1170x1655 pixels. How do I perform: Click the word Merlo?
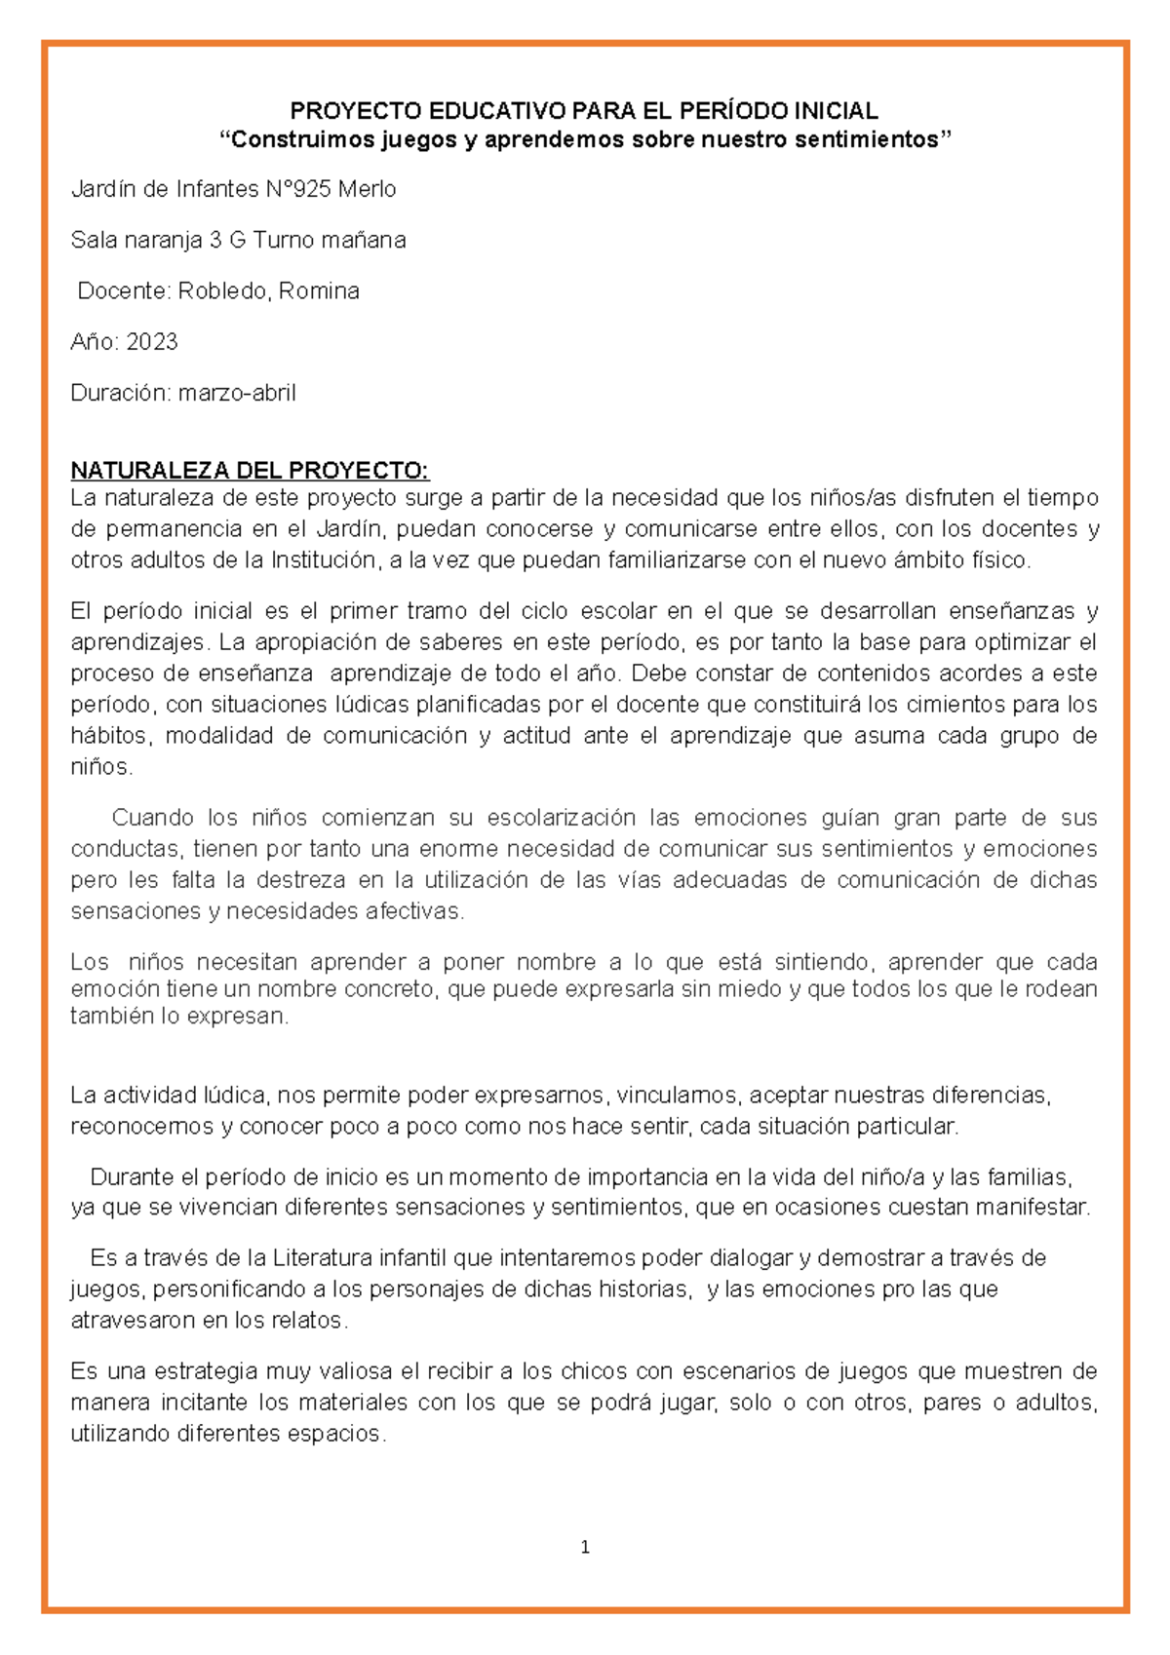tap(367, 189)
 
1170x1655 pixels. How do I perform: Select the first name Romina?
tap(319, 290)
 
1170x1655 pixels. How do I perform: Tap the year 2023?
tap(151, 342)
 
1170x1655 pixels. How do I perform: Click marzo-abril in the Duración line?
tap(236, 393)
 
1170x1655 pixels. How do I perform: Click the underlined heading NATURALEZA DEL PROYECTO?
tap(249, 471)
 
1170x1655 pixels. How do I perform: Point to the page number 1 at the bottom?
tap(585, 1547)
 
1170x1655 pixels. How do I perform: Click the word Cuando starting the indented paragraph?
tap(153, 818)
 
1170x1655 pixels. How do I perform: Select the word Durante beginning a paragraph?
tap(130, 1176)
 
